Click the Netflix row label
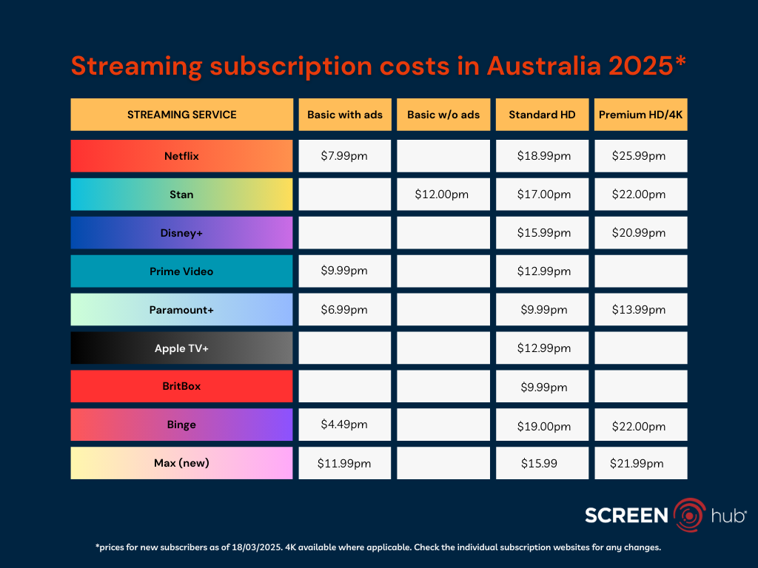[x=181, y=156]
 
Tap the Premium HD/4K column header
[x=640, y=115]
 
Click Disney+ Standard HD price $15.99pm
[x=542, y=233]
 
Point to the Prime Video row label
[x=181, y=271]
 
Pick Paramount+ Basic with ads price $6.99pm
[x=344, y=310]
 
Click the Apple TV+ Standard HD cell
[x=542, y=348]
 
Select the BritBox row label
[x=181, y=386]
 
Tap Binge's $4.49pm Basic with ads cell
[x=344, y=425]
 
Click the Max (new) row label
[x=181, y=463]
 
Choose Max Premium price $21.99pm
[x=640, y=464]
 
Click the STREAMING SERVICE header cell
[x=181, y=115]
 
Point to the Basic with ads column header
[x=344, y=115]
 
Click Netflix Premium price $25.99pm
[x=640, y=156]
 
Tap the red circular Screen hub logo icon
[x=690, y=515]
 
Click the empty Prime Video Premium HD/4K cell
[x=640, y=271]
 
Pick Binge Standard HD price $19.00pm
[x=542, y=425]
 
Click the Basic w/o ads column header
[x=443, y=115]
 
